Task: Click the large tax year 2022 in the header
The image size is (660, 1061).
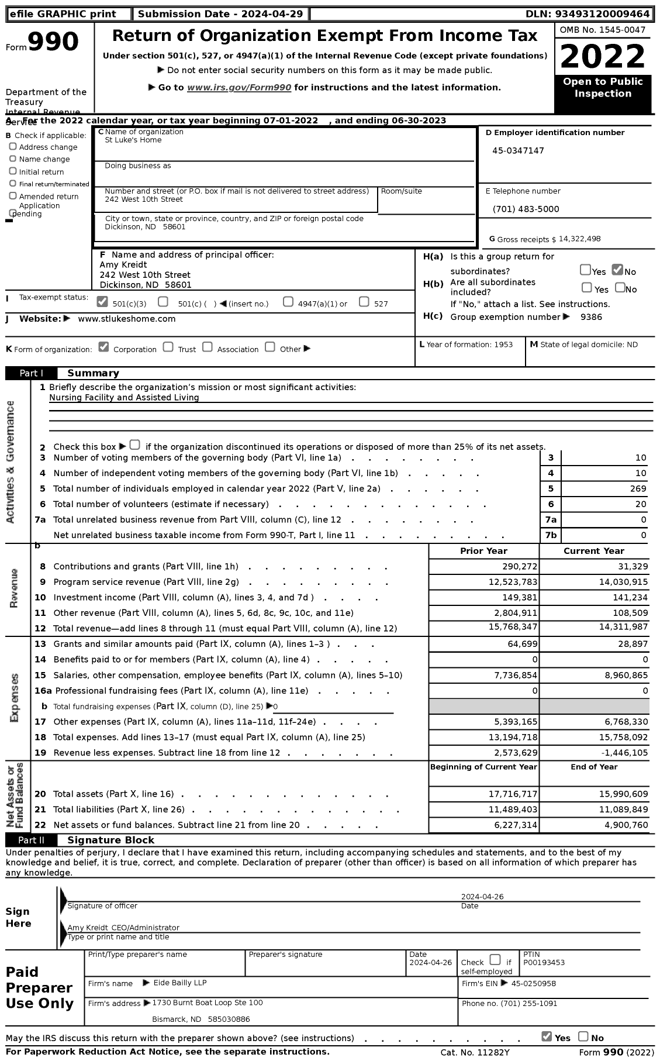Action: pos(603,57)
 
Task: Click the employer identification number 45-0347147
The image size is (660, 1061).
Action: pos(518,151)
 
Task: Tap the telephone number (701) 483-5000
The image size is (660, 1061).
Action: pos(526,209)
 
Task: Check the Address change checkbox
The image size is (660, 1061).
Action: pos(13,147)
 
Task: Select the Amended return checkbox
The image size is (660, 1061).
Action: pos(13,196)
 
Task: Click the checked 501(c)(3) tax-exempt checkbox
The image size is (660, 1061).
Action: pos(102,302)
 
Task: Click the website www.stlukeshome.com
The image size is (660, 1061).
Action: pos(126,319)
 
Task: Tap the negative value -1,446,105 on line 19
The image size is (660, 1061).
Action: pos(621,753)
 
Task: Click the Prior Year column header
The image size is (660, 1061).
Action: pos(483,551)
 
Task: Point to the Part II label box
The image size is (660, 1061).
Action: pos(32,840)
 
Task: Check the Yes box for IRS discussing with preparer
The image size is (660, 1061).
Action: pos(547,1036)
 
